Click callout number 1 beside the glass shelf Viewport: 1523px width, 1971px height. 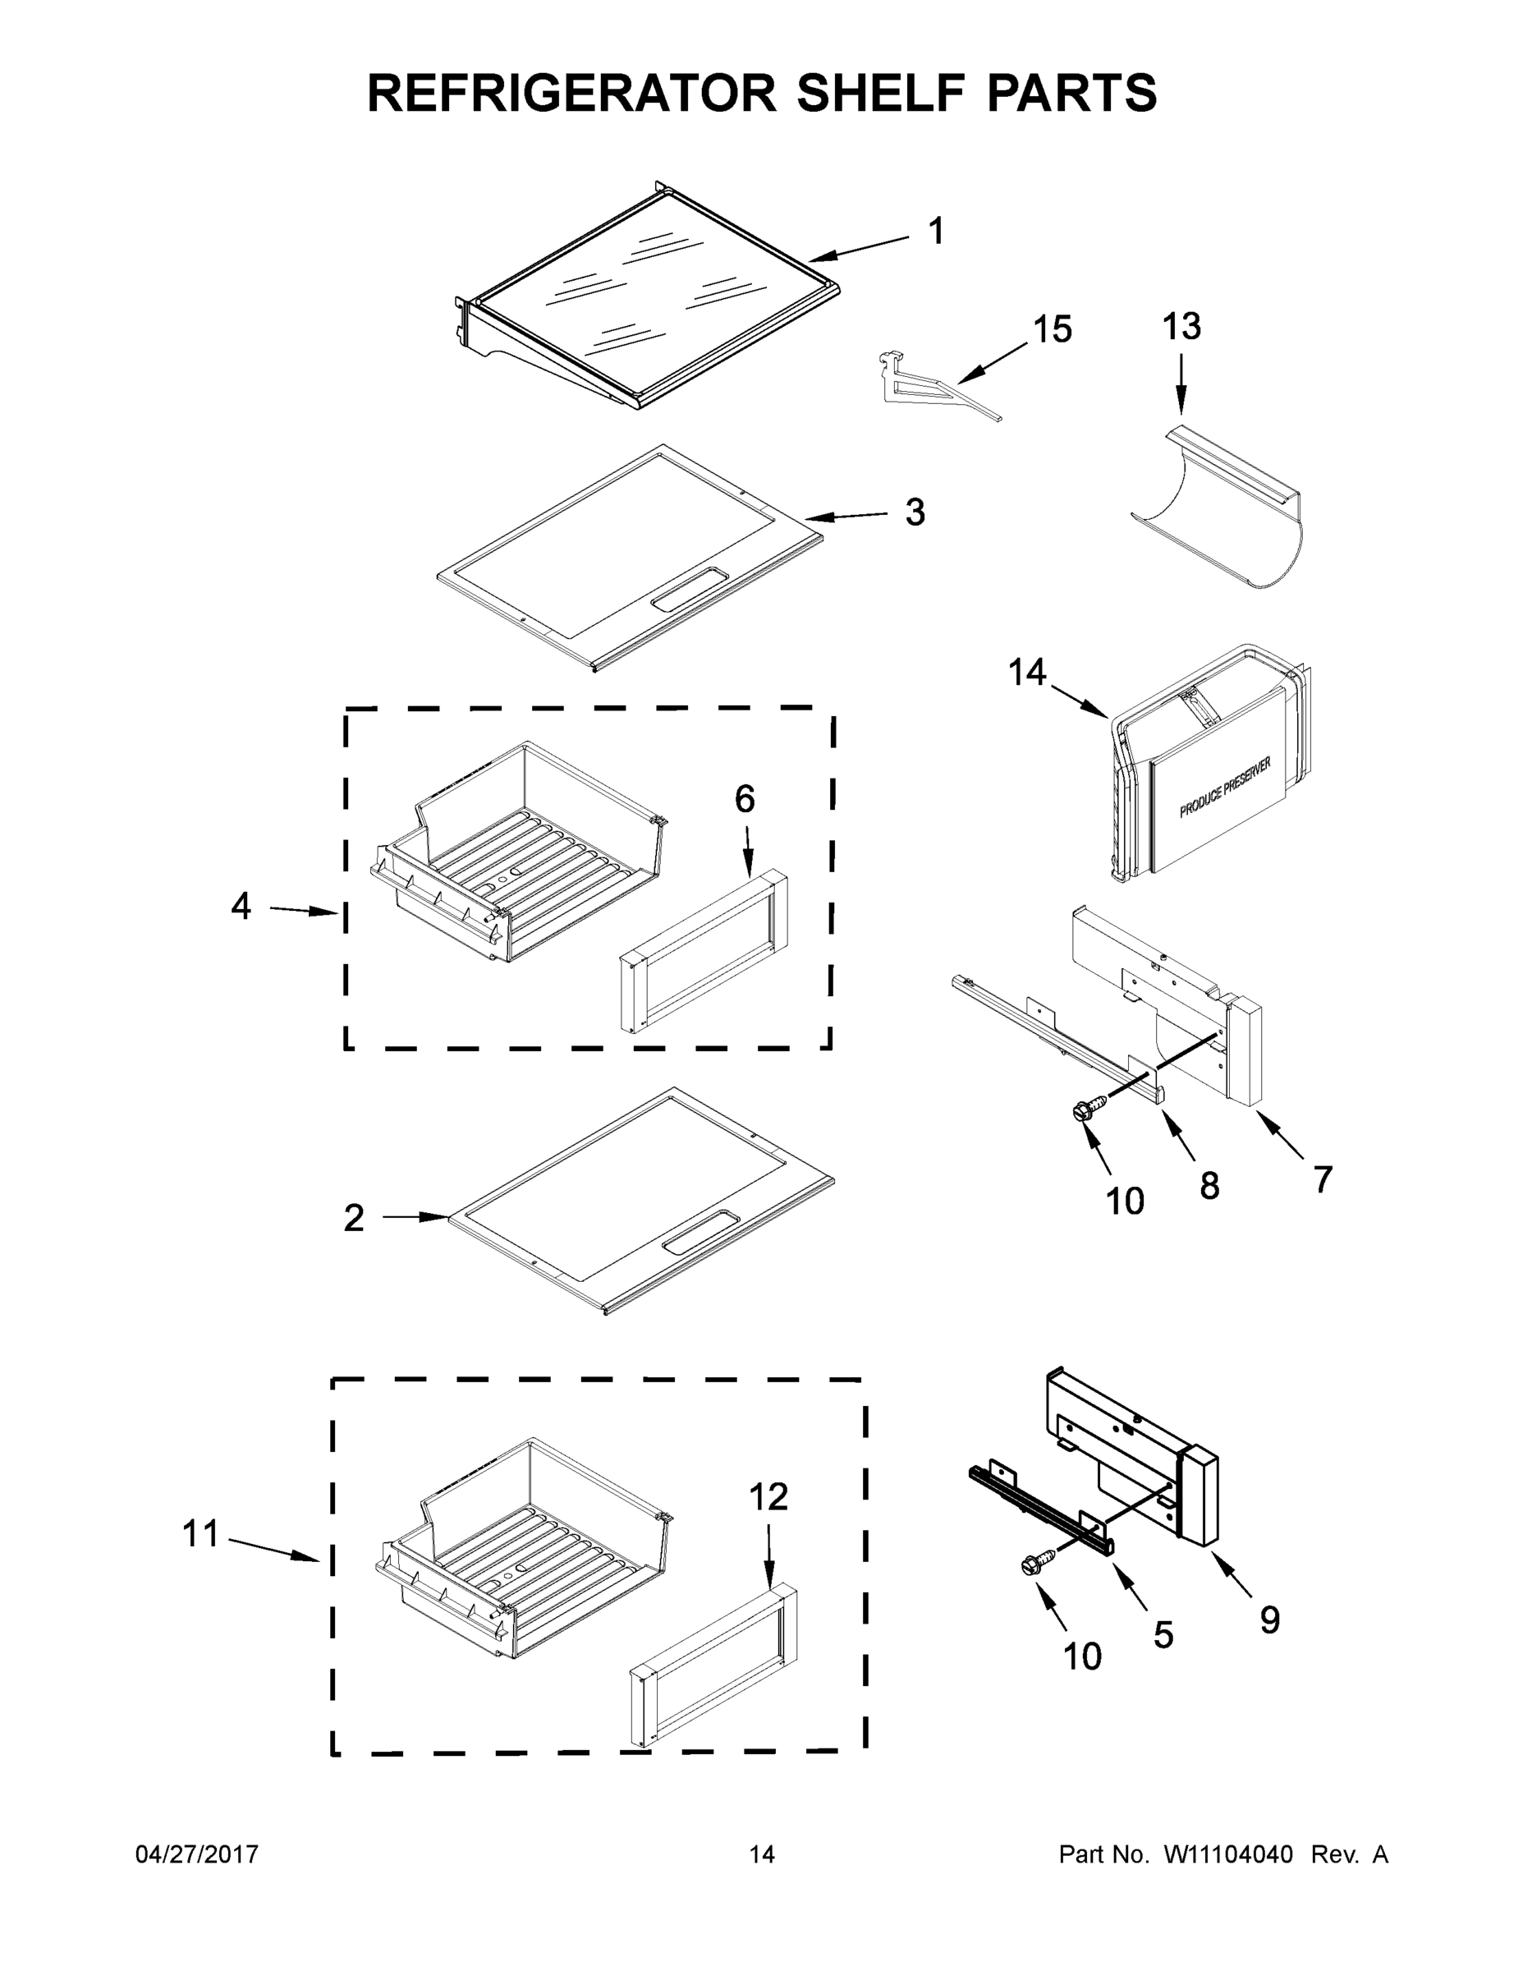point(937,231)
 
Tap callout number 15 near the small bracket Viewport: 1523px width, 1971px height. point(1052,330)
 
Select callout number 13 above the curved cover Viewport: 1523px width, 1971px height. point(1181,327)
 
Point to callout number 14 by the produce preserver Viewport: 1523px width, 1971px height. point(1027,673)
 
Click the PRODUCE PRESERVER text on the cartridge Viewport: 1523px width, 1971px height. point(1225,788)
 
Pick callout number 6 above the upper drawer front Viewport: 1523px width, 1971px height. point(745,800)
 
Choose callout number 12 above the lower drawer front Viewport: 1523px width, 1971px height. point(768,1497)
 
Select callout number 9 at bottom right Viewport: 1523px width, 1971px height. point(1269,1621)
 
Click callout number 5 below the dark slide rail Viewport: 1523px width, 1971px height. point(1163,1635)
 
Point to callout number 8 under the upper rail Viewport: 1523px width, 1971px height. point(1209,1186)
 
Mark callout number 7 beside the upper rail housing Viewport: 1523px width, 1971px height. point(1323,1179)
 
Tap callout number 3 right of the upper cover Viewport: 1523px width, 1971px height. point(915,512)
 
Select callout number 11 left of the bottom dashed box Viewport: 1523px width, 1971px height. point(200,1533)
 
